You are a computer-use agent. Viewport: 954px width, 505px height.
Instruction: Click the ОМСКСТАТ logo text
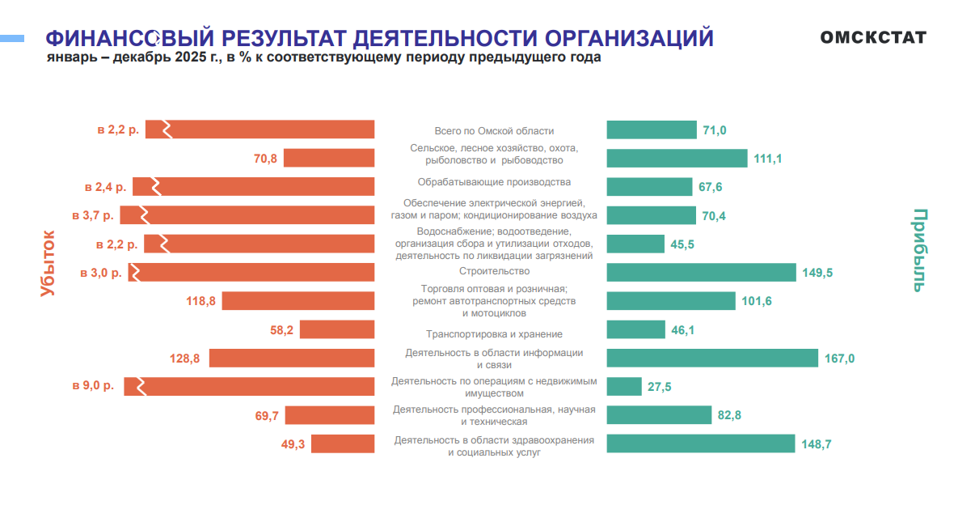[x=873, y=37]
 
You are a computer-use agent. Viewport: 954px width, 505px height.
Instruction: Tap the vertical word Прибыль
[x=920, y=250]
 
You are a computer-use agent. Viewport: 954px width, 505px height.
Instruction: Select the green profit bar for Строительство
[x=701, y=272]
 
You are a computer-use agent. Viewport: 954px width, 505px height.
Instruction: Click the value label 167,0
[x=839, y=358]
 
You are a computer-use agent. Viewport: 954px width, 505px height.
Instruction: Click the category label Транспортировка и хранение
[x=494, y=334]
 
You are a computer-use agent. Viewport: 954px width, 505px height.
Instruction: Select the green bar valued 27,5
[x=623, y=387]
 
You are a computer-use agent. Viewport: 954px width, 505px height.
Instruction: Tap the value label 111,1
[x=767, y=159]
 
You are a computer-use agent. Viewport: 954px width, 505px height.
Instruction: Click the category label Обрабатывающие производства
[x=494, y=182]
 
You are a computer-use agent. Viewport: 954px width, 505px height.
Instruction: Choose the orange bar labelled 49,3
[x=343, y=443]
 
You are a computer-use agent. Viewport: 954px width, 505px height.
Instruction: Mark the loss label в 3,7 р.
[x=94, y=214]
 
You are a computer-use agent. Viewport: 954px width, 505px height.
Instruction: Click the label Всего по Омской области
[x=494, y=131]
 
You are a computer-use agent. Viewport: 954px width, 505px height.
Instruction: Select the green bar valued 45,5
[x=635, y=244]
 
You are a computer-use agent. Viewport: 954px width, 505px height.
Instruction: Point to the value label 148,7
[x=816, y=443]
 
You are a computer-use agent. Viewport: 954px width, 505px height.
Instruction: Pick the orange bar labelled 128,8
[x=292, y=358]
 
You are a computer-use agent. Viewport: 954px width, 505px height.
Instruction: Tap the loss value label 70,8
[x=265, y=159]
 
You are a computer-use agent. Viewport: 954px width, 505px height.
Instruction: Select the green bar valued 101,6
[x=671, y=301]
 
